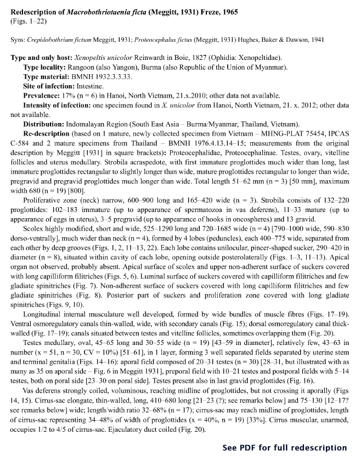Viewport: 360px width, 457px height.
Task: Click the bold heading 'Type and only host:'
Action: [43, 58]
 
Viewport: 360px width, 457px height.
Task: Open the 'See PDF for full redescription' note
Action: [285, 448]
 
